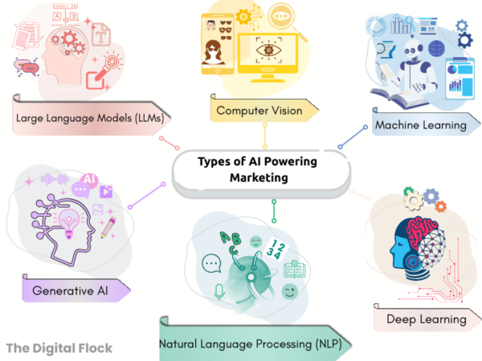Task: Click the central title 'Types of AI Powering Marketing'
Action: pos(259,168)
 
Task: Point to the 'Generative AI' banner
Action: pos(72,289)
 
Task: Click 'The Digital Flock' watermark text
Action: pos(59,347)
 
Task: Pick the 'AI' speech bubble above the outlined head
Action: pos(89,180)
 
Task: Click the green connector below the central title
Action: pos(274,210)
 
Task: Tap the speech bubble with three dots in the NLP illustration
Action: pos(211,262)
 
